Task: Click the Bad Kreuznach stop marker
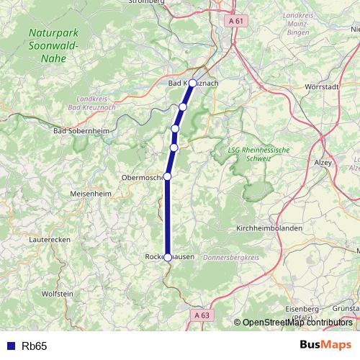[193, 83]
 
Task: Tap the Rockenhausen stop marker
[168, 257]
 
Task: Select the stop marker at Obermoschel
[167, 176]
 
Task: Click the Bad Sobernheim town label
[81, 131]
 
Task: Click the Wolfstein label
[58, 294]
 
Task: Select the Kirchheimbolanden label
[269, 228]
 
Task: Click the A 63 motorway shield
[202, 315]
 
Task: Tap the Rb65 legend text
[34, 346]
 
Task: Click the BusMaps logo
[325, 346]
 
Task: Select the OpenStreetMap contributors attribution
[296, 323]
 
